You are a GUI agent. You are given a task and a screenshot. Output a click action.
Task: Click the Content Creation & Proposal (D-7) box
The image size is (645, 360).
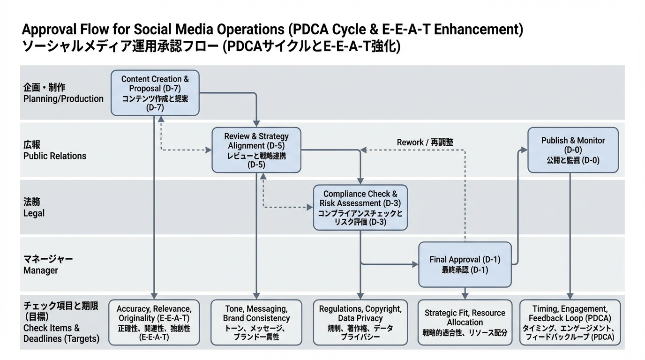(155, 93)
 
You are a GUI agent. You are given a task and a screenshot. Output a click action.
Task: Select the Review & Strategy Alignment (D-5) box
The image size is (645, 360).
(256, 150)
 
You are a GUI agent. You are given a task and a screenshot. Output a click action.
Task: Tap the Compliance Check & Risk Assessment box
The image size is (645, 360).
(360, 207)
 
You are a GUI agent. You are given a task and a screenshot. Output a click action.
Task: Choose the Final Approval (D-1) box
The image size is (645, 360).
(465, 264)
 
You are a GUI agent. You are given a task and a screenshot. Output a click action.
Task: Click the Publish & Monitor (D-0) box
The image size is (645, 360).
(573, 150)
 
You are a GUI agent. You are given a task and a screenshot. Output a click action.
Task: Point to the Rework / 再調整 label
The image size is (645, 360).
(425, 142)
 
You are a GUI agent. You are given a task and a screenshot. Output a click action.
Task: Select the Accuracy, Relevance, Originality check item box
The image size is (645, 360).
(154, 322)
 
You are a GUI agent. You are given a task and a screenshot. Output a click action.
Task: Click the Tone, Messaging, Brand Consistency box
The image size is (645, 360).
(256, 322)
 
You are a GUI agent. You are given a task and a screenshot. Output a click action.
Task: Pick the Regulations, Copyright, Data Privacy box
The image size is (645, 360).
(360, 322)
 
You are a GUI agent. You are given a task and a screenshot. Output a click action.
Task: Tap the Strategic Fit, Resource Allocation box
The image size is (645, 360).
(465, 322)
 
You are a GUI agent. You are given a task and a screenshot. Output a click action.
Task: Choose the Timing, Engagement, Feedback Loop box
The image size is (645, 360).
(570, 322)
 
